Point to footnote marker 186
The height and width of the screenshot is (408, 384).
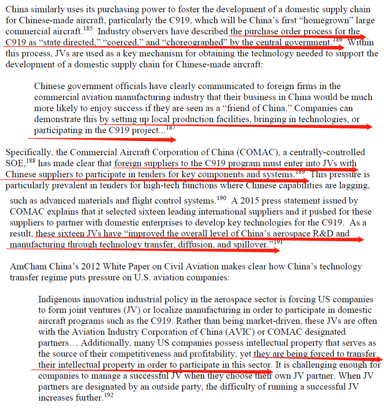(338, 40)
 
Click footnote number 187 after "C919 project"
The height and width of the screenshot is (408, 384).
(171, 128)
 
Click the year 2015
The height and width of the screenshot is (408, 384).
(249, 201)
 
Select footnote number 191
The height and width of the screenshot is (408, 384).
(278, 242)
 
